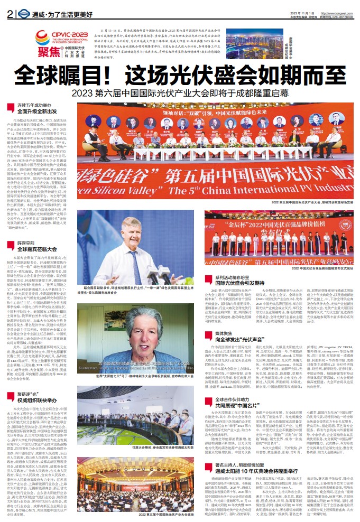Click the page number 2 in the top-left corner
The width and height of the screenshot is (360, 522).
[10, 15]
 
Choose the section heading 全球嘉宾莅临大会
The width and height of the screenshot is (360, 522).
[37, 248]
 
